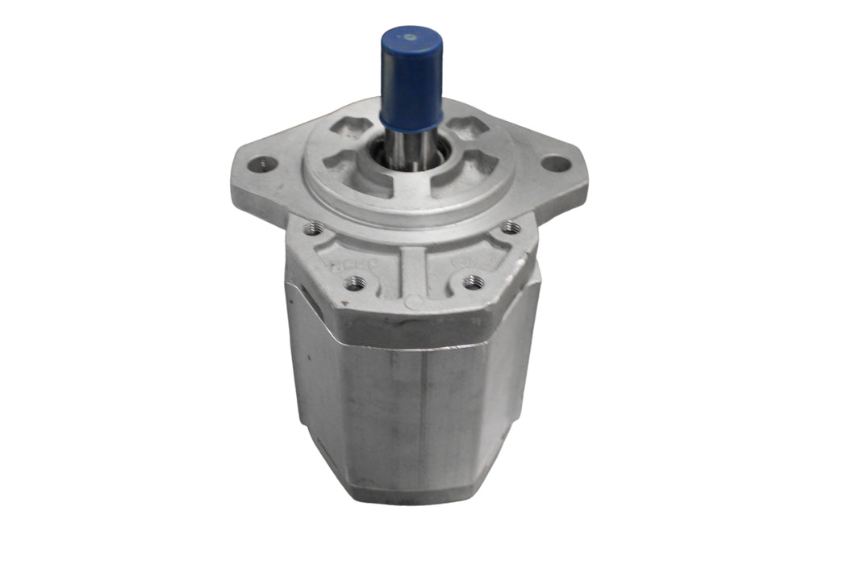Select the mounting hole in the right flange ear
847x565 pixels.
pyautogui.click(x=555, y=163)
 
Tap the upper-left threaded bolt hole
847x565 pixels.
pyautogui.click(x=315, y=228)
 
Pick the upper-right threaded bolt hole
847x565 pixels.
pyautogui.click(x=508, y=228)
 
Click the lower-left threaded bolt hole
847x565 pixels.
pyautogui.click(x=354, y=282)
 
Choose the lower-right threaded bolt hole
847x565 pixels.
pyautogui.click(x=474, y=282)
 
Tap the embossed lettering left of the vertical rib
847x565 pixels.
pyautogui.click(x=345, y=260)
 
